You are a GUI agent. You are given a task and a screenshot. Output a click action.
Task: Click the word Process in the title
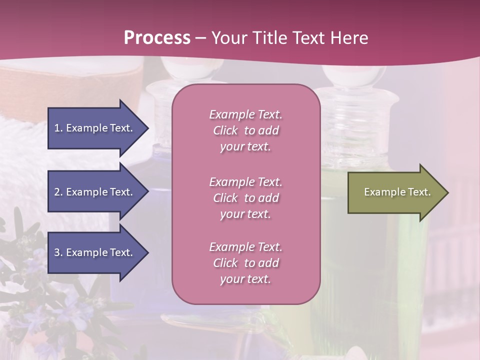(x=157, y=38)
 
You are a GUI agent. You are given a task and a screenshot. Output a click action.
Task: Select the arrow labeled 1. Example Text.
(x=95, y=128)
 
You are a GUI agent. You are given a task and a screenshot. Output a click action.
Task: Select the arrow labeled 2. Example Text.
(x=95, y=192)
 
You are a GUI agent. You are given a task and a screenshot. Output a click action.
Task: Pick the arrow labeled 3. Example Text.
(x=95, y=252)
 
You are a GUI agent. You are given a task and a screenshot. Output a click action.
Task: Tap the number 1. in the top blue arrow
(x=58, y=128)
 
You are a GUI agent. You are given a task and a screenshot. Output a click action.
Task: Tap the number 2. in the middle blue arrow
(x=58, y=192)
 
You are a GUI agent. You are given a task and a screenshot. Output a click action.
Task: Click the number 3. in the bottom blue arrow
(x=58, y=252)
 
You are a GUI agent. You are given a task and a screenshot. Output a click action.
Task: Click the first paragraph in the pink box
(x=245, y=130)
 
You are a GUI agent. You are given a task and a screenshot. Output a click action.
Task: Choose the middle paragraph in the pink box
(x=245, y=198)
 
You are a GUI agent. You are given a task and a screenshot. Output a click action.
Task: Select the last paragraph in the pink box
(x=245, y=263)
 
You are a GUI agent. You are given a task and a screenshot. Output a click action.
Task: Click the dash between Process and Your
(x=201, y=38)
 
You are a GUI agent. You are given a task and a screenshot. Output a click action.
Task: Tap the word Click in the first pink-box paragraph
(x=225, y=130)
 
